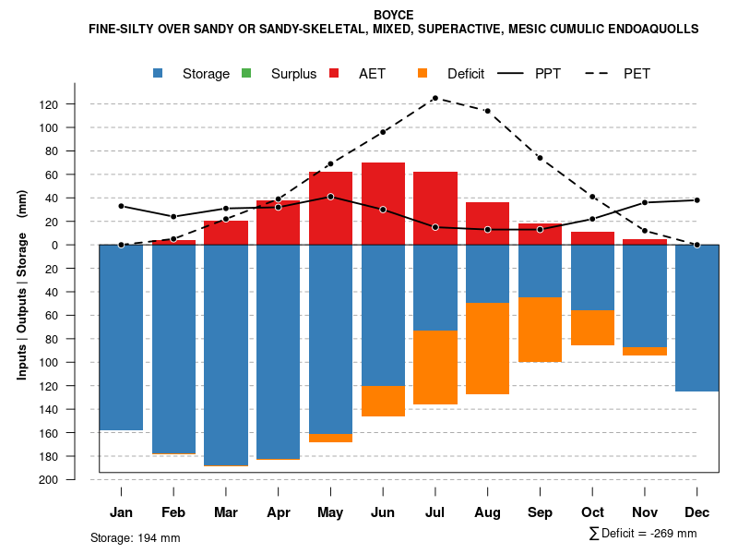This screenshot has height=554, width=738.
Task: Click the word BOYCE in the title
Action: [x=394, y=15]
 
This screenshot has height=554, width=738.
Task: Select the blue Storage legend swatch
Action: [x=160, y=73]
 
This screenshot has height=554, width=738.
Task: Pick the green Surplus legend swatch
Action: [x=245, y=73]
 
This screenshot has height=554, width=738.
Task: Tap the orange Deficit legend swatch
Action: [x=423, y=73]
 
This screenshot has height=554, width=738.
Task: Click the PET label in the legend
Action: [x=637, y=74]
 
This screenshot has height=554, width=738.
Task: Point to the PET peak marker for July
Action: [x=434, y=98]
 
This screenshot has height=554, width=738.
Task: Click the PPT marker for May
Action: [x=330, y=197]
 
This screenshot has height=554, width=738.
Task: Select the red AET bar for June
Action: [x=383, y=203]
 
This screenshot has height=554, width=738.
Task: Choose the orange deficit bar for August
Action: [x=487, y=348]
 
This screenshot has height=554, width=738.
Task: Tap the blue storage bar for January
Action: [x=121, y=337]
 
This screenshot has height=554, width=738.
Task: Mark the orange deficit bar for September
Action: [x=540, y=330]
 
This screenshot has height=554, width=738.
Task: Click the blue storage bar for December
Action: [x=696, y=318]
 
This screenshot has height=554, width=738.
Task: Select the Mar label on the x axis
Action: [x=225, y=512]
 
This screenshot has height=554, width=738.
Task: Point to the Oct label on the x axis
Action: [x=592, y=512]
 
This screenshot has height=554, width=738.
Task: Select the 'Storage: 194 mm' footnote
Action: [x=135, y=537]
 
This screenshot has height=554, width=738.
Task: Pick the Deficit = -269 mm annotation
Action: [x=643, y=534]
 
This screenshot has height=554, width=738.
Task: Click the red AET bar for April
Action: [x=278, y=223]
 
